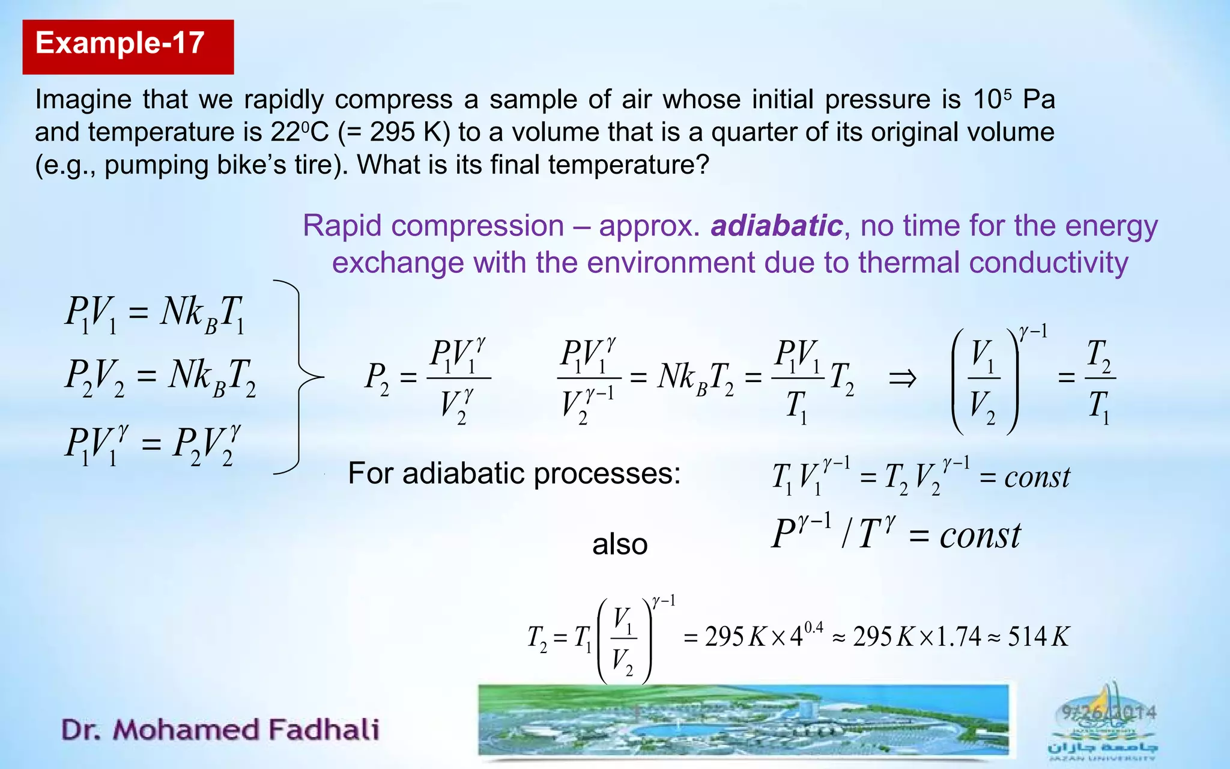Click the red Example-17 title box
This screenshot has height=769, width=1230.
coord(128,46)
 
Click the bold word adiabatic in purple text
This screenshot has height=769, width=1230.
coord(777,226)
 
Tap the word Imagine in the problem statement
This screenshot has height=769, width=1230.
coord(83,100)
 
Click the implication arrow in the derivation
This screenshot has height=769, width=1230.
coord(902,378)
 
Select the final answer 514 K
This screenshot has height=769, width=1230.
coord(1038,637)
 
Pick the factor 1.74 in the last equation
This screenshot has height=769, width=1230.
coord(959,637)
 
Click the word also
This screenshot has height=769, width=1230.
coord(620,545)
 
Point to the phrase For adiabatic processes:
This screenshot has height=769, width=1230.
coord(514,473)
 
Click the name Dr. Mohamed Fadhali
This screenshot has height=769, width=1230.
coord(220,729)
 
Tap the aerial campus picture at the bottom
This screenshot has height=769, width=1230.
coord(744,721)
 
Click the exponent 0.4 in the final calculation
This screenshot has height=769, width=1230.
coord(813,627)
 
